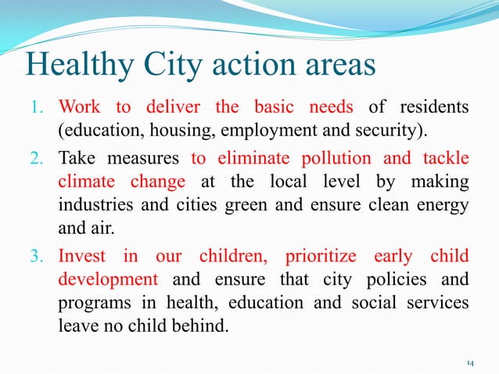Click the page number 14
(x=469, y=363)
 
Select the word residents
(x=434, y=106)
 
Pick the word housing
(x=168, y=128)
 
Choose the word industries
(x=92, y=203)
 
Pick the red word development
(x=108, y=279)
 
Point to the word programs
(x=91, y=301)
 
